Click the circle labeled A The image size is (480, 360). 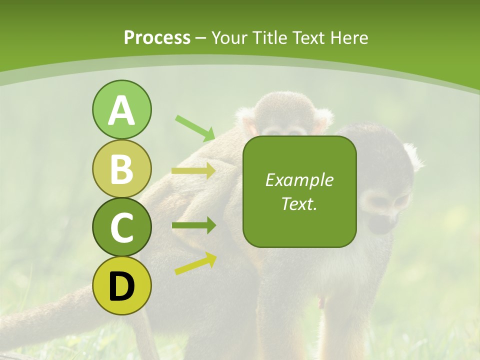tap(121, 110)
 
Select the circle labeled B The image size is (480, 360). tap(121, 169)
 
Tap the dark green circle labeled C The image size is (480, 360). tap(121, 227)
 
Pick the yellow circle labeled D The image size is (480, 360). tap(121, 286)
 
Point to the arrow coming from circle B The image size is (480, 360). tap(193, 171)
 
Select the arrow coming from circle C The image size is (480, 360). tap(193, 225)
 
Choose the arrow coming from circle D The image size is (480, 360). tap(195, 264)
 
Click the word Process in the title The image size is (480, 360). tap(157, 37)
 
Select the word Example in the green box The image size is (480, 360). tap(299, 180)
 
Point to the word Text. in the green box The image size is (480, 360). tap(299, 203)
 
